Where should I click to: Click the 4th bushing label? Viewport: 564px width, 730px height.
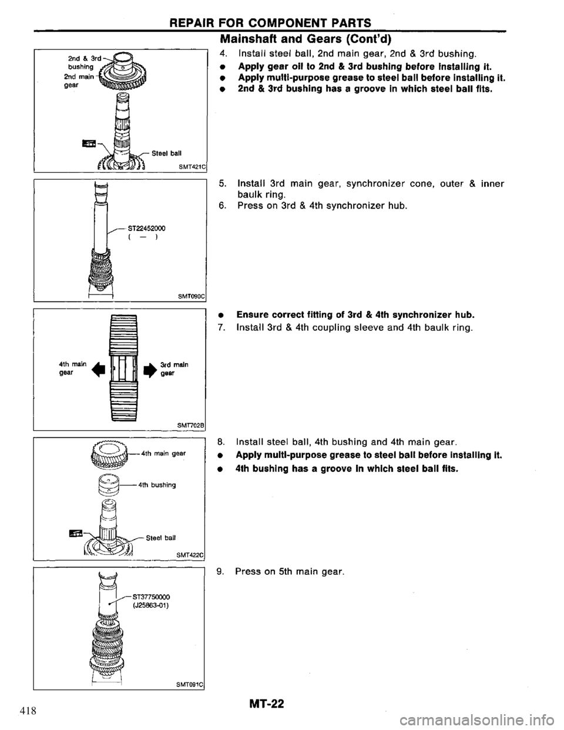[x=157, y=485]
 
